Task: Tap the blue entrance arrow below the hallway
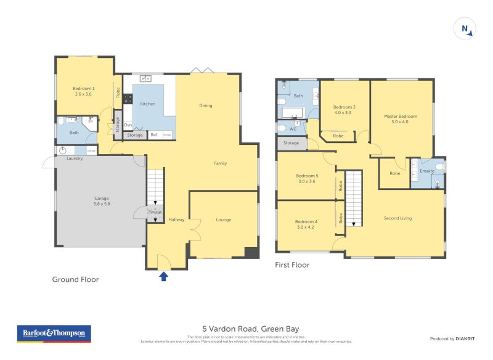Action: [164, 276]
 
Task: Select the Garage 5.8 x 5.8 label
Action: [101, 201]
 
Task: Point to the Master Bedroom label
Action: [401, 119]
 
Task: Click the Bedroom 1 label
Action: [83, 91]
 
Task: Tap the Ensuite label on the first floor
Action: [426, 171]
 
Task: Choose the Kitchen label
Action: [148, 104]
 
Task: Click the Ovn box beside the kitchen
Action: [128, 125]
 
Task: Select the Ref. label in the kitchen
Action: [154, 135]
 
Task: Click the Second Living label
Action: [397, 218]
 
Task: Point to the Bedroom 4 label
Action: [306, 224]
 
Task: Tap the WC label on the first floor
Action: [293, 129]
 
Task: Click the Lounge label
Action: [223, 219]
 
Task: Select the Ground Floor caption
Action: [75, 279]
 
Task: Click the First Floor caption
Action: [293, 265]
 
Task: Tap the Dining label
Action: [205, 105]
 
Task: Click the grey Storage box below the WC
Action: [291, 143]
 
